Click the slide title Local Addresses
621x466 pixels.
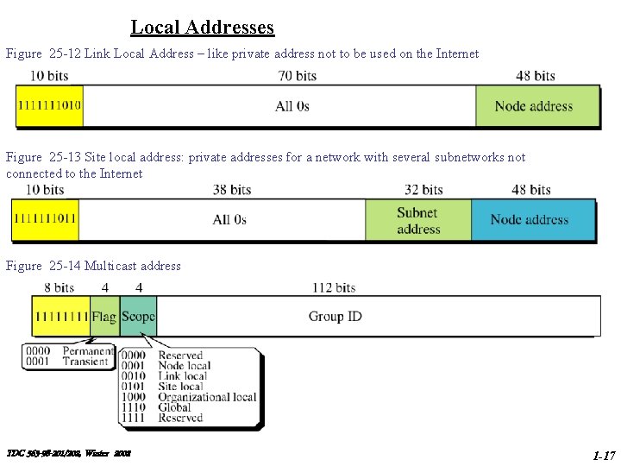[x=203, y=27]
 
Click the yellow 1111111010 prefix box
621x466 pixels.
[x=49, y=107]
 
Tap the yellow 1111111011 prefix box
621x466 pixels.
[x=45, y=220]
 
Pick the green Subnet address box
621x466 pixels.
[x=418, y=220]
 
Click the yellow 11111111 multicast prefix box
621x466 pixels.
[x=61, y=317]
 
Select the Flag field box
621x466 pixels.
[x=104, y=317]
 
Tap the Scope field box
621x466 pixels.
[x=138, y=317]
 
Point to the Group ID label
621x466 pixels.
[x=336, y=317]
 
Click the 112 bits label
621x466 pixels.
[x=334, y=287]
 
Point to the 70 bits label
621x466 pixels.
[x=298, y=76]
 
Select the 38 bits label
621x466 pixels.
[x=232, y=190]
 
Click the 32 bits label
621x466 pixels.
[x=423, y=190]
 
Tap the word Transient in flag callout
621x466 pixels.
[x=86, y=362]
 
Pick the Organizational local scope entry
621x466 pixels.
[x=207, y=397]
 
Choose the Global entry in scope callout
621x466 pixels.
[x=175, y=407]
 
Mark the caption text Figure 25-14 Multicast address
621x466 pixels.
[x=93, y=266]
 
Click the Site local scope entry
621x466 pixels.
[x=181, y=387]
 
